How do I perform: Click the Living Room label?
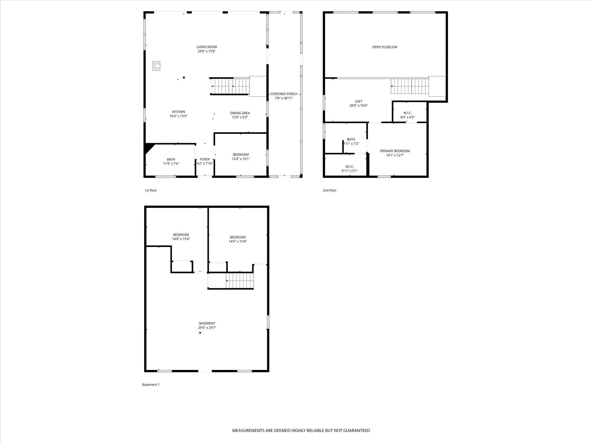click(x=206, y=47)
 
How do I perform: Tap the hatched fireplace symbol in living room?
click(x=156, y=66)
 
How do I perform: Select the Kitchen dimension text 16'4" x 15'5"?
click(x=178, y=116)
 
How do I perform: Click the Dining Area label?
click(x=240, y=113)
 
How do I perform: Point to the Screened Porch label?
click(x=284, y=94)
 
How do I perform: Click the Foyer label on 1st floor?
click(x=205, y=159)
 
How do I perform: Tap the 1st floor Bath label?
click(x=171, y=159)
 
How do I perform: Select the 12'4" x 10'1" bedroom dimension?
click(x=241, y=159)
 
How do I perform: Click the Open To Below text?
click(x=385, y=47)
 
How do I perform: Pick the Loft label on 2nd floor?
click(x=358, y=101)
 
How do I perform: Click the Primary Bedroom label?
click(x=395, y=151)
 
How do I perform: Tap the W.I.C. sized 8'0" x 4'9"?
click(x=407, y=115)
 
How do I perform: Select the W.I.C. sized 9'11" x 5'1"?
click(x=350, y=168)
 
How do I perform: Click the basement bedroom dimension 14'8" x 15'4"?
click(x=181, y=239)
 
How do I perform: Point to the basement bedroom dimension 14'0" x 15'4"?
click(x=238, y=241)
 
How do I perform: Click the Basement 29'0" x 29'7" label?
click(x=207, y=325)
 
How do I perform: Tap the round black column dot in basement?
click(x=200, y=333)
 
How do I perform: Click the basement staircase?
click(x=240, y=280)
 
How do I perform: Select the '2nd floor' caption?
click(x=330, y=190)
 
